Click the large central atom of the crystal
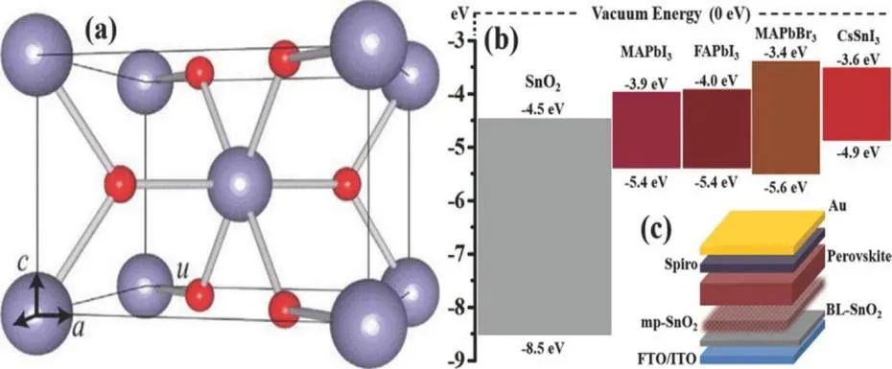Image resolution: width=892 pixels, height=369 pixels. [x=240, y=184]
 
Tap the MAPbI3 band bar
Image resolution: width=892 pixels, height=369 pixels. [x=646, y=129]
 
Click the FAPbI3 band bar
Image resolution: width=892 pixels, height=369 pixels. [x=716, y=128]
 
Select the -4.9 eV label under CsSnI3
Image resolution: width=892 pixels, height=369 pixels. [x=857, y=153]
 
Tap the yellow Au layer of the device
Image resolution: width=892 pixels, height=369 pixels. [x=763, y=232]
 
